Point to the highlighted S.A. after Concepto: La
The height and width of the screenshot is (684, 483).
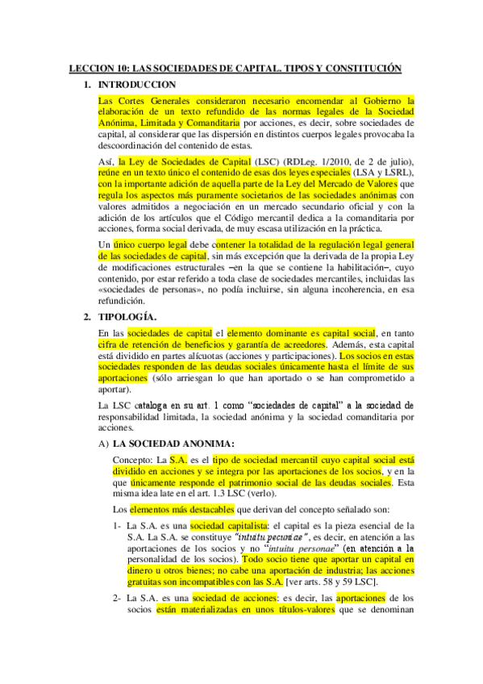177,459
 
